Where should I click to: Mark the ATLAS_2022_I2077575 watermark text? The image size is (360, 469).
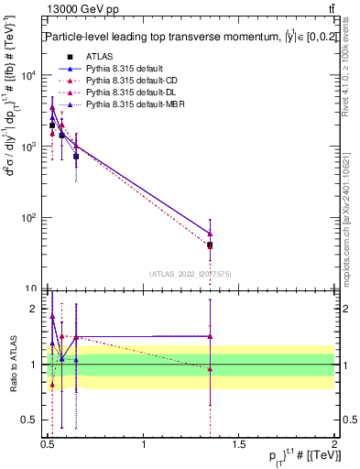pos(190,273)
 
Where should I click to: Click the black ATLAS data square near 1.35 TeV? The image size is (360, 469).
pos(211,245)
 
